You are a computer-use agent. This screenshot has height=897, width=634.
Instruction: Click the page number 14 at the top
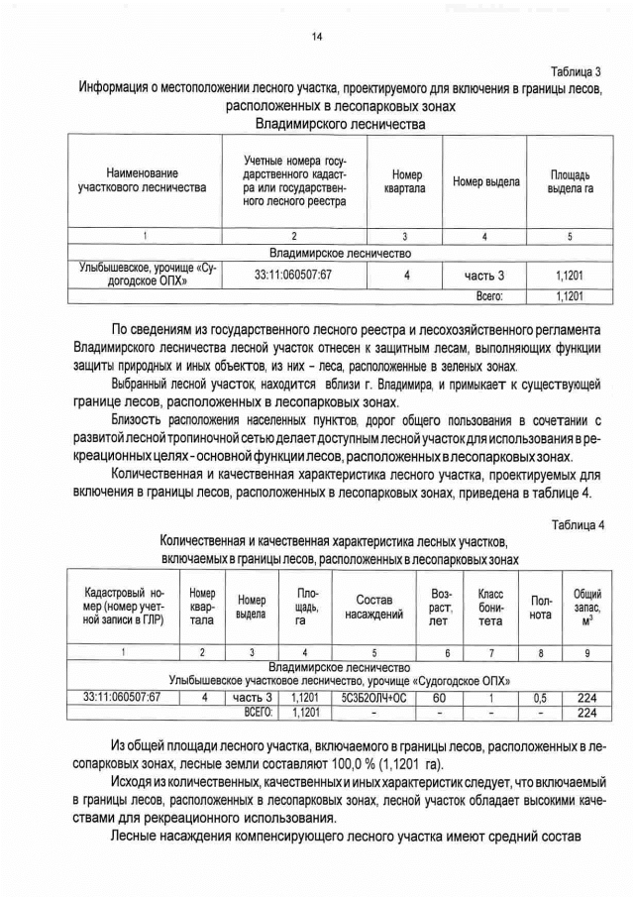click(317, 37)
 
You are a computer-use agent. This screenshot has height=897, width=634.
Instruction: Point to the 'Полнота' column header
click(542, 607)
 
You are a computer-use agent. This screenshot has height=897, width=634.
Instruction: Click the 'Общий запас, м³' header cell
click(587, 607)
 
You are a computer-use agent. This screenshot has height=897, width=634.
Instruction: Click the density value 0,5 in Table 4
click(542, 698)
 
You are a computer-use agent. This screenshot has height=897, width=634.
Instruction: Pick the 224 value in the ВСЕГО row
click(587, 713)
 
